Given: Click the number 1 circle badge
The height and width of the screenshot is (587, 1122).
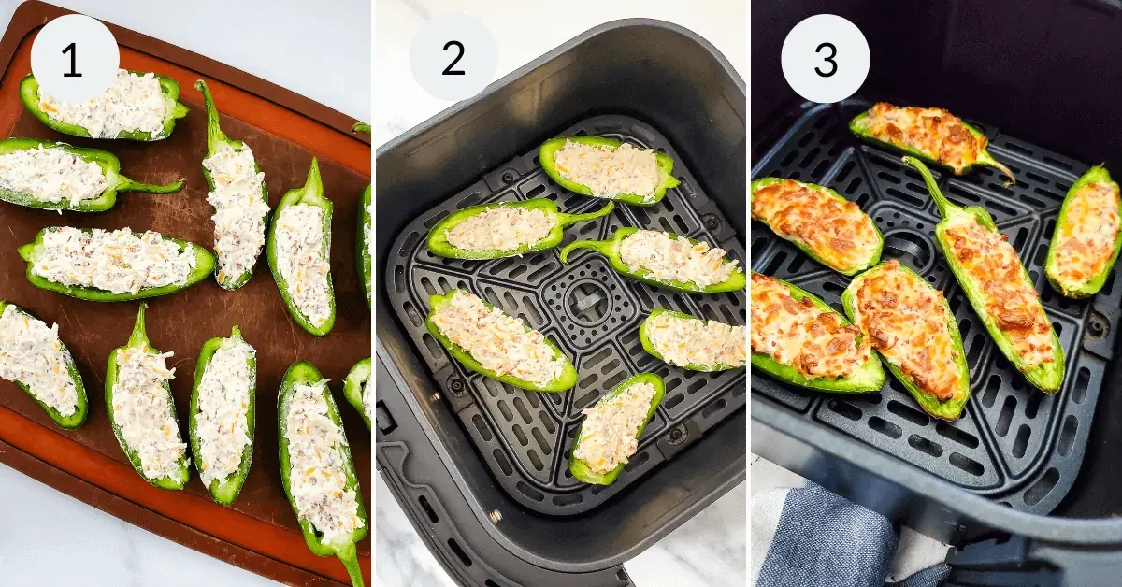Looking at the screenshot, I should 74,59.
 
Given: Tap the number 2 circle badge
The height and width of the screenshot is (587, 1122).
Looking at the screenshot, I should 453,58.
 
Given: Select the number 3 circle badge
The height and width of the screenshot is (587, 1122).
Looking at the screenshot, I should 825,59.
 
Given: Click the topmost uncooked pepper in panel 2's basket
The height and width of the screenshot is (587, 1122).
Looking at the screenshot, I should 608,169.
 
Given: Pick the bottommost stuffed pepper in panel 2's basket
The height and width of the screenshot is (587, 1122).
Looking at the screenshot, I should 614,427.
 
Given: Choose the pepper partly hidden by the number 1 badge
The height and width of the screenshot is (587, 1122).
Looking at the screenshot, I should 108,107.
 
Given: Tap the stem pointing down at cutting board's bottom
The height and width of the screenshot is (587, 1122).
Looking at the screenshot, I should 352,565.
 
